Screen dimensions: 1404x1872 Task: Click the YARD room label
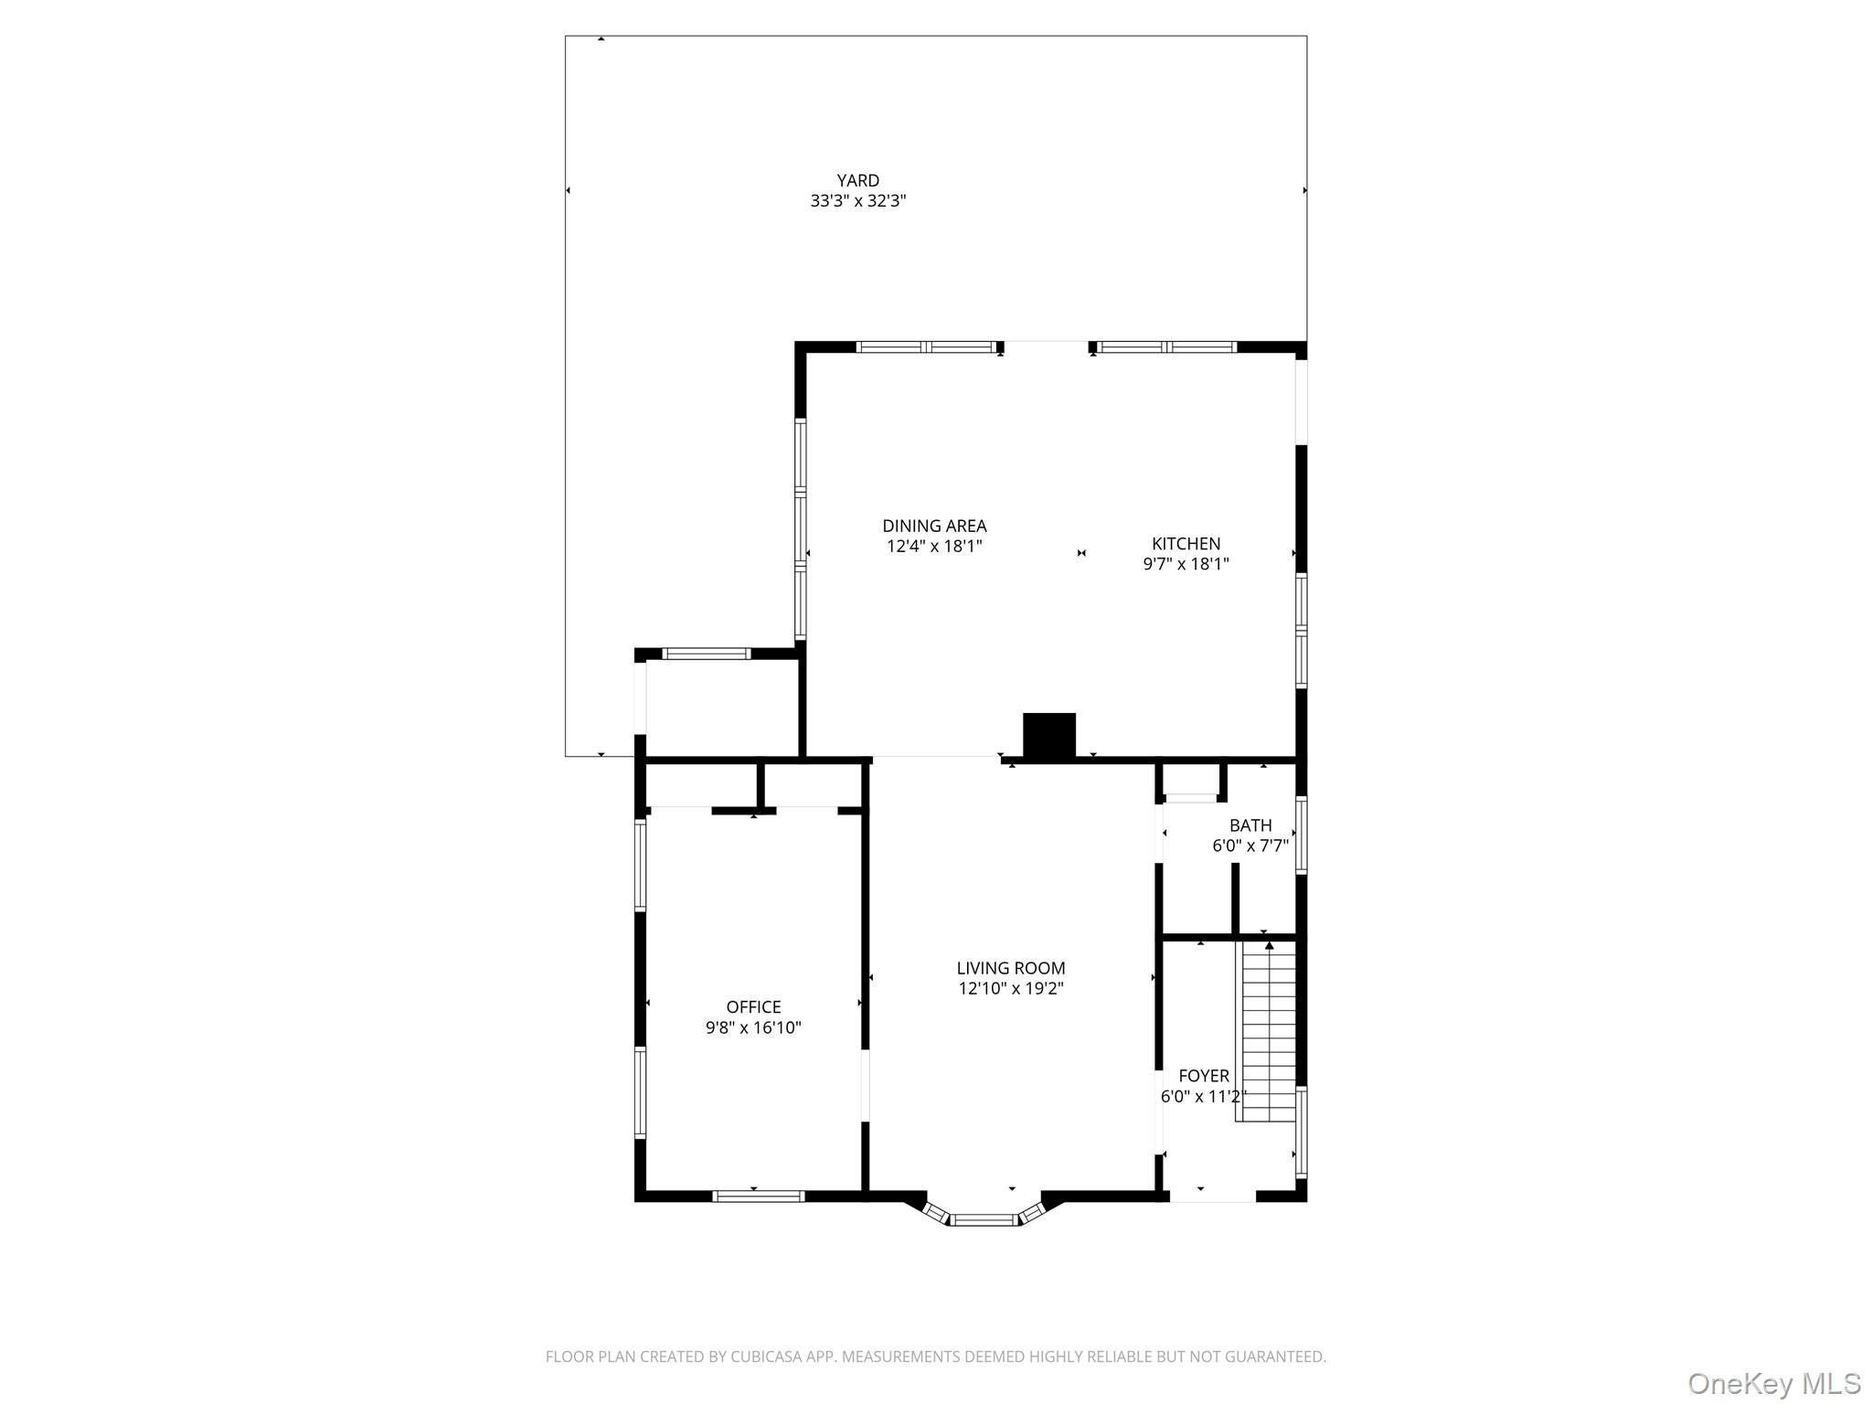coord(857,181)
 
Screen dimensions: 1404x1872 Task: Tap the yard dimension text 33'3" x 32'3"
coord(857,201)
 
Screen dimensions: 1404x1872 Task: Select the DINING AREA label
coord(933,526)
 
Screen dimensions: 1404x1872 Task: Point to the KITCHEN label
coord(1186,544)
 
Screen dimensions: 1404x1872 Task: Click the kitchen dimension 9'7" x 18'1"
coord(1186,564)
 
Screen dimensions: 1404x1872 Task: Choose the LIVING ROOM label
coord(1010,968)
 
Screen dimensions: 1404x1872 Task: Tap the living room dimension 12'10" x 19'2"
coord(1010,988)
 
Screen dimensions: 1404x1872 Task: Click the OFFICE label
coord(753,1007)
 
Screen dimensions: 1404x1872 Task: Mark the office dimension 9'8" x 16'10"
coord(753,1027)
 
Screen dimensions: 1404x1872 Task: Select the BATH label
coord(1250,826)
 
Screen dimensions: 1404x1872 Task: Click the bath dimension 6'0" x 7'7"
coord(1250,846)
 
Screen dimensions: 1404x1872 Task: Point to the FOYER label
coord(1203,1076)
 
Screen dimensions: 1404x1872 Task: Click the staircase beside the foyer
coord(1267,1033)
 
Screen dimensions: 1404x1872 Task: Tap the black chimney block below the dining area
coord(1048,735)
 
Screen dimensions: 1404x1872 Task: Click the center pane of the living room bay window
coord(984,1219)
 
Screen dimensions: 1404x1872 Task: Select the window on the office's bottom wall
coord(758,1196)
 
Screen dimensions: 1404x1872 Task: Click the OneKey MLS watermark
coord(1773,1384)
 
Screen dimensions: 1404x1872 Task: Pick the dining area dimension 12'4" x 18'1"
coord(933,547)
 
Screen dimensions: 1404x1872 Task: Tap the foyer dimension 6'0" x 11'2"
coord(1203,1096)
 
